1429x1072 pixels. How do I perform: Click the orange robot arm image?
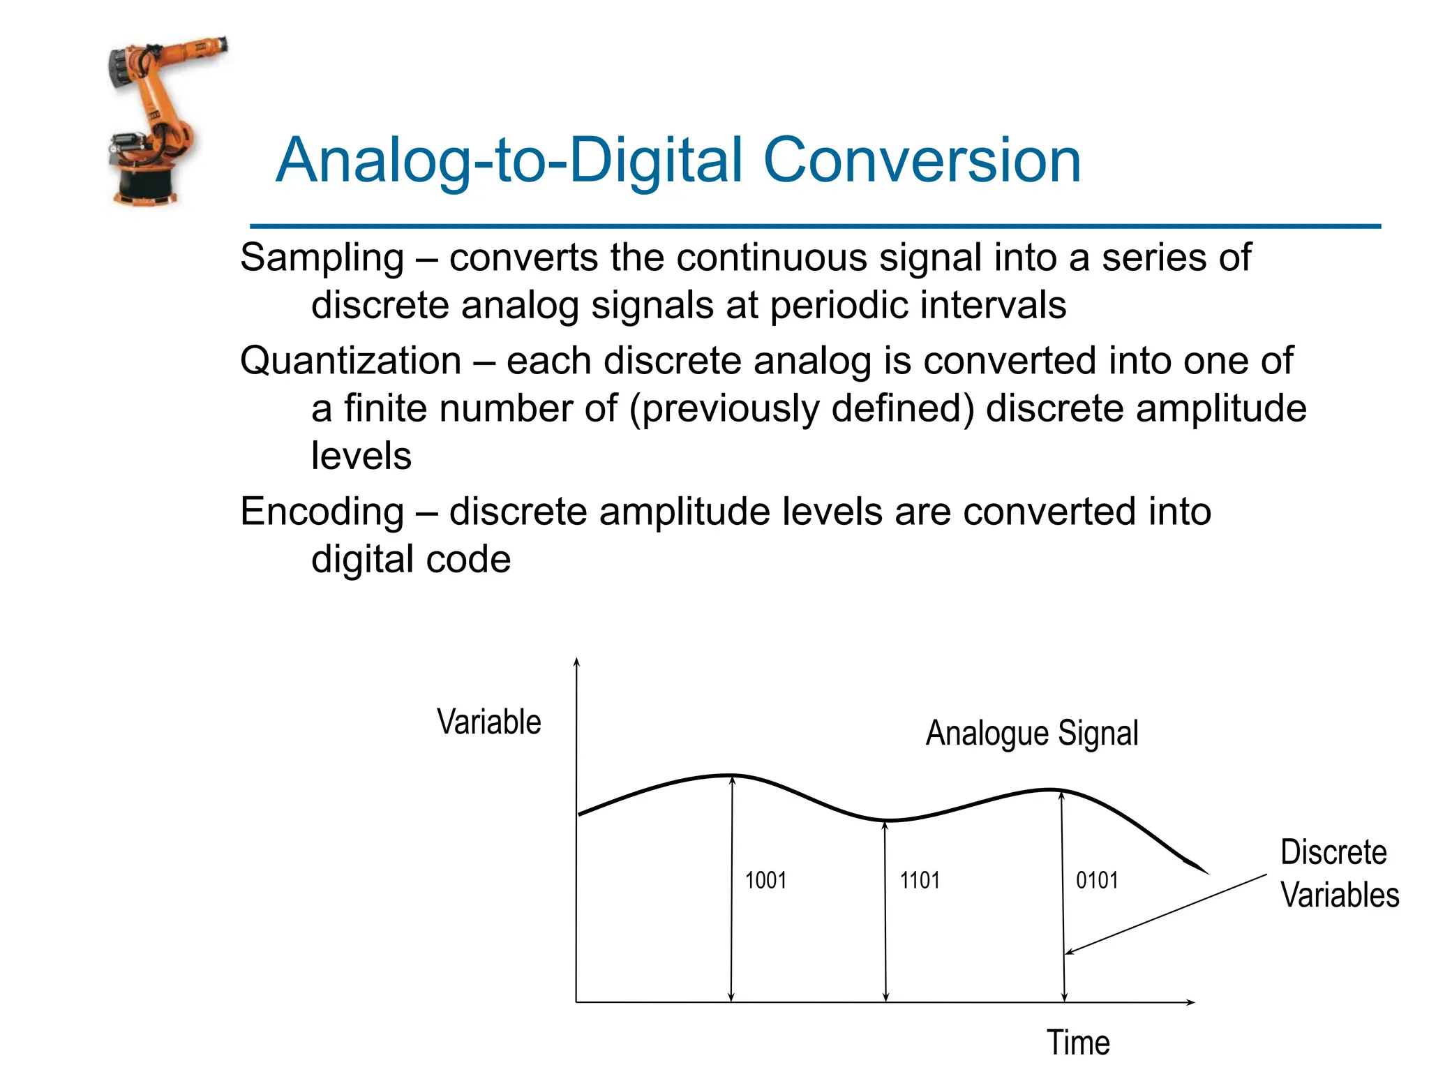157,122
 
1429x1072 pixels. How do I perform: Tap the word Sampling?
322,258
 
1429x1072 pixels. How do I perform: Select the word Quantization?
350,362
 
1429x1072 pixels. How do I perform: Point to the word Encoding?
322,512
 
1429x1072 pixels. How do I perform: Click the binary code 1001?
765,880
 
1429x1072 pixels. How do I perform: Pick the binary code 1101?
920,880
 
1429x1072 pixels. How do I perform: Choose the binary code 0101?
1097,880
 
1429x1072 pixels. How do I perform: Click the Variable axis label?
488,722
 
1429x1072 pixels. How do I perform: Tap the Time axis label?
1078,1043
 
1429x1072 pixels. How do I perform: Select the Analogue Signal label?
1031,734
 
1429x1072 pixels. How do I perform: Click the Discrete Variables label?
1338,874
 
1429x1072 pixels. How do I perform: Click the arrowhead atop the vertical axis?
576,661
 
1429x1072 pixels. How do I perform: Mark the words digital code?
411,560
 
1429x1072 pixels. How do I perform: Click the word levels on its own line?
361,456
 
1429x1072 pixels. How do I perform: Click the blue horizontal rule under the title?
815,226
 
